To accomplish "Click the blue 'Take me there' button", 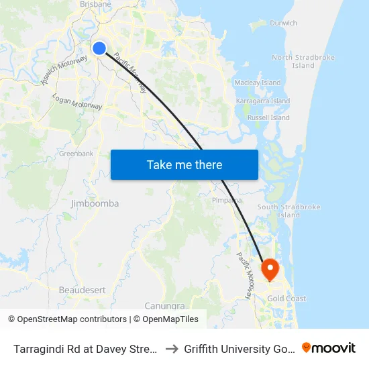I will tap(184, 164).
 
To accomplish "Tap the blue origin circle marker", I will tap(99, 48).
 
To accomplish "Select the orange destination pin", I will tap(270, 270).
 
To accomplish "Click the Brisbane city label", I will tap(95, 4).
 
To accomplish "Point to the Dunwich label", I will tap(283, 23).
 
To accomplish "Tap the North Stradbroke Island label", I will tap(303, 62).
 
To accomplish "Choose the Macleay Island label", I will tap(258, 83).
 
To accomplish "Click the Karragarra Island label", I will tap(263, 101).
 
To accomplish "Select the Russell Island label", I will tap(268, 117).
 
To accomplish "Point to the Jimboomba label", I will tap(95, 203).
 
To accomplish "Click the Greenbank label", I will tap(76, 154).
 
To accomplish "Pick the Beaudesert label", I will tap(82, 290).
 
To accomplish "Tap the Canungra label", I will tap(165, 306).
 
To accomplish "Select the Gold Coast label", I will tap(286, 299).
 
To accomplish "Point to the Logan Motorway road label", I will tap(77, 102).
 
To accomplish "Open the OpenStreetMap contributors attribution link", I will tap(72, 319).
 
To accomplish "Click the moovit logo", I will tap(329, 348).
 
